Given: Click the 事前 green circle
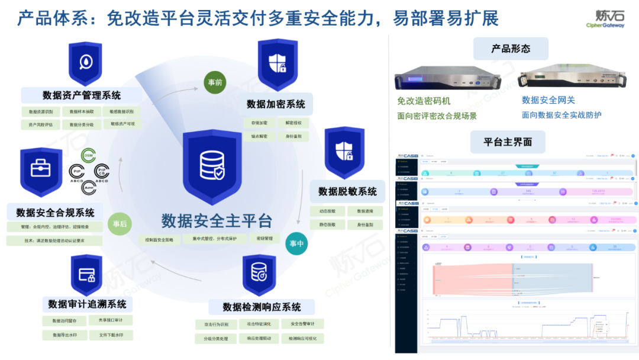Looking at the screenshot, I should coord(215,83).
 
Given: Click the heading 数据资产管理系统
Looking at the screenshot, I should coord(82,95).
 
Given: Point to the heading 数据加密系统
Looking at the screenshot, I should coord(276,104).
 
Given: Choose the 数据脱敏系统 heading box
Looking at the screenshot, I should coord(347,191).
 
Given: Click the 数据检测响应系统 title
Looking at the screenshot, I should coord(262,307).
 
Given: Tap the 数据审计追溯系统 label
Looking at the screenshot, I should coord(87,304).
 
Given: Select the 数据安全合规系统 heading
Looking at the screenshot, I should coord(55,212).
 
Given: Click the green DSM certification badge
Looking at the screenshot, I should coord(88,155).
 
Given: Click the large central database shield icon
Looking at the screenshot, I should coord(212,166).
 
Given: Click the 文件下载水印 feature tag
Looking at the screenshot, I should coord(111,335).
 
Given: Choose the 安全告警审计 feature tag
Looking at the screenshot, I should coord(306,324).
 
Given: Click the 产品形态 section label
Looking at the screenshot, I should coord(511,49).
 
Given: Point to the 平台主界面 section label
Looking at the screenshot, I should coord(508,142).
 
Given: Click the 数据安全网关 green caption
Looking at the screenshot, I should coord(548,100).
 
